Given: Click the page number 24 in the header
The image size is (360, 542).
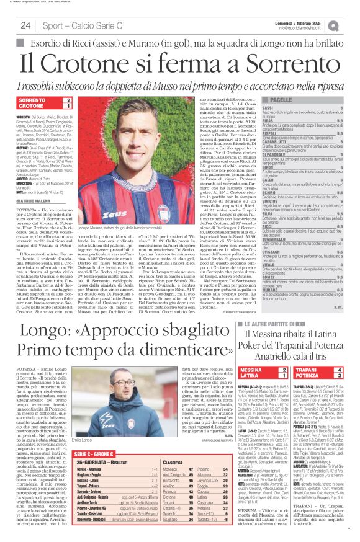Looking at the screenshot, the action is point(26,25).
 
